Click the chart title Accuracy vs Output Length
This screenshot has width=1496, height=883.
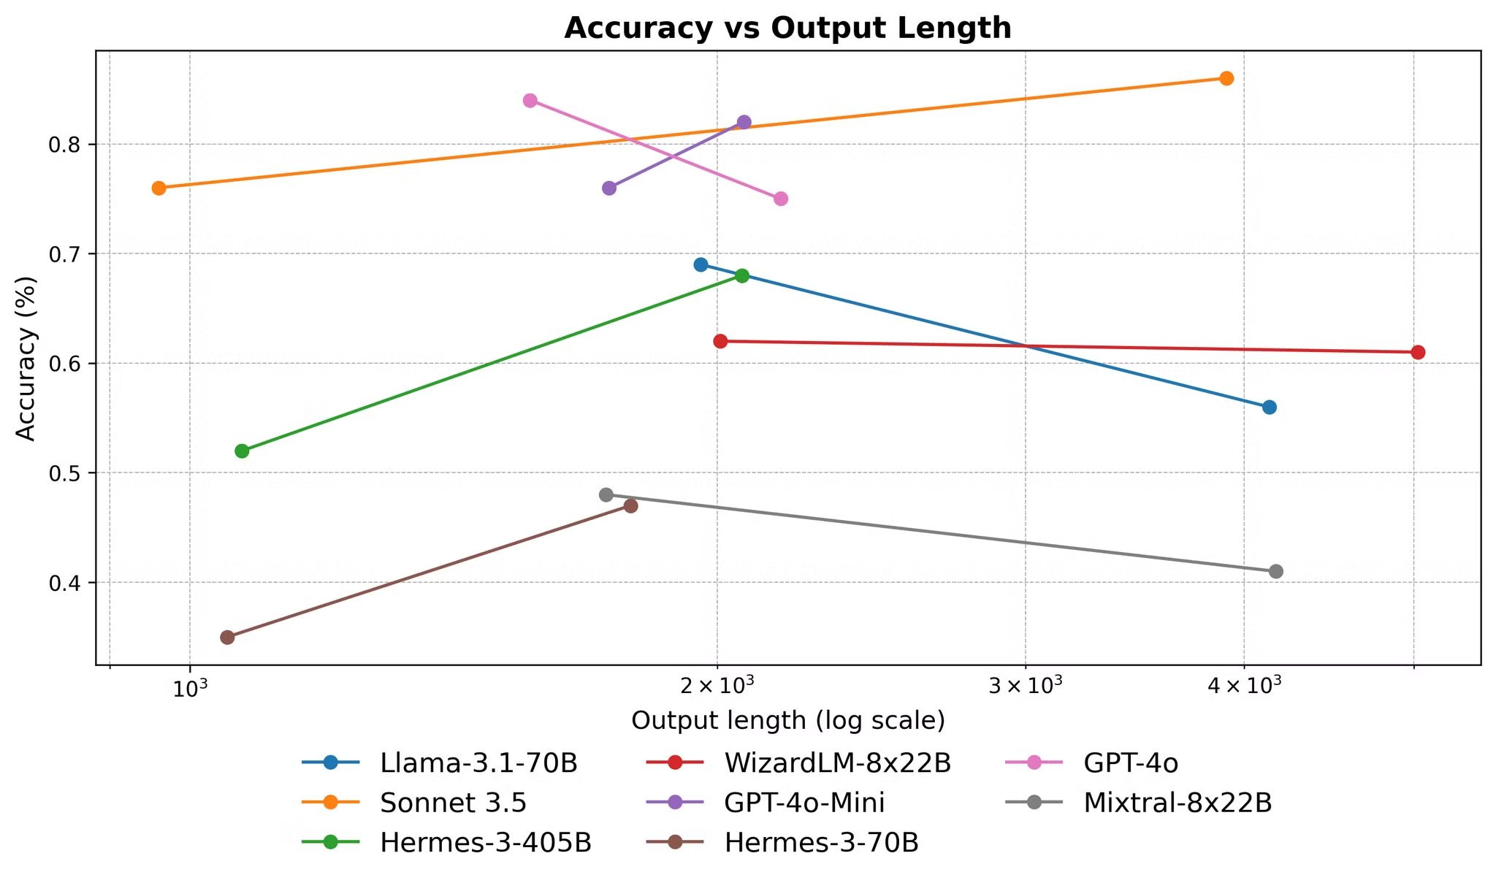(787, 28)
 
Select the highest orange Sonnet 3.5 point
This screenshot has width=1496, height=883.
(1226, 79)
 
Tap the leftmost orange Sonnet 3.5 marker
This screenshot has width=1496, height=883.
(159, 188)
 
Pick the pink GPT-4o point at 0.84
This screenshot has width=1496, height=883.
(530, 101)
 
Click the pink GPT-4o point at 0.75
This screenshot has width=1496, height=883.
(781, 199)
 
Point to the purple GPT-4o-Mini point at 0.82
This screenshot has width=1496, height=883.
(744, 122)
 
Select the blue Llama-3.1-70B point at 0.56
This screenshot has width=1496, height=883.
(1270, 407)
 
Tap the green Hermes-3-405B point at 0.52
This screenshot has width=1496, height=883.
(242, 451)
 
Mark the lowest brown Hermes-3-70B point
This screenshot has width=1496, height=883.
(227, 638)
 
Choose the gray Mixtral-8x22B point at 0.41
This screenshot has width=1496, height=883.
(1276, 571)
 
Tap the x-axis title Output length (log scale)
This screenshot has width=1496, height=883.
(788, 721)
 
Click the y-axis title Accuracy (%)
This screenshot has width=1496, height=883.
(26, 358)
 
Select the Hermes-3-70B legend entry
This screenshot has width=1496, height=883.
(821, 843)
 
